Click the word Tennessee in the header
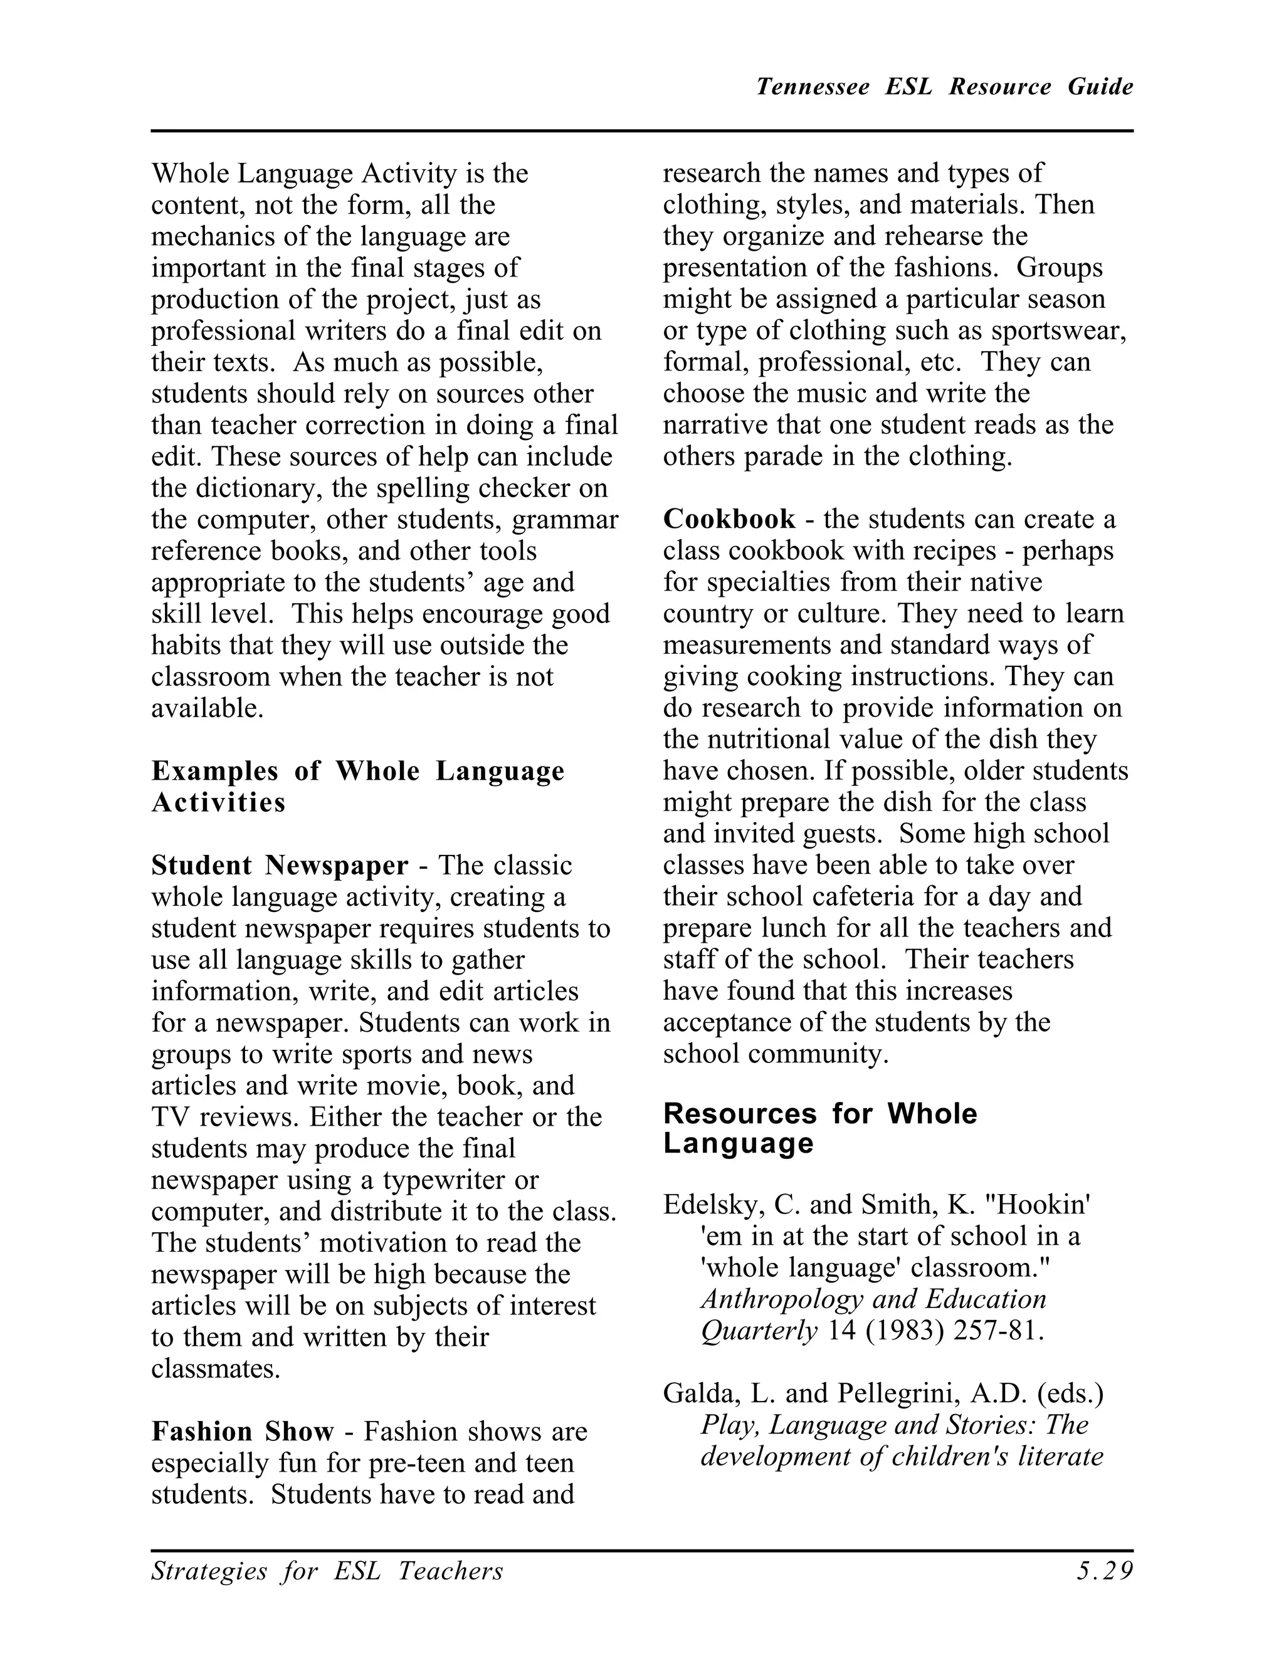813,86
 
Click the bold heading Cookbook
729,519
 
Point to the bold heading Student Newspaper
279,865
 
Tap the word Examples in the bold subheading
214,770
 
